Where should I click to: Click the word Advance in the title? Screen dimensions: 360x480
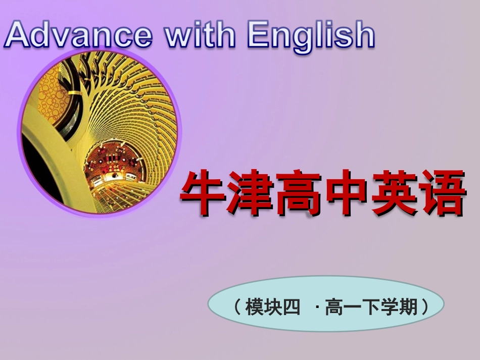pyautogui.click(x=78, y=34)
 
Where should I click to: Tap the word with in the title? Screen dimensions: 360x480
pyautogui.click(x=201, y=34)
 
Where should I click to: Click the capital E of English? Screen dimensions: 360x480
pyautogui.click(x=258, y=34)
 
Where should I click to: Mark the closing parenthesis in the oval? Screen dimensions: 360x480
pyautogui.click(x=424, y=306)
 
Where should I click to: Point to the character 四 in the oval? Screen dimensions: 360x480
pyautogui.click(x=292, y=306)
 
